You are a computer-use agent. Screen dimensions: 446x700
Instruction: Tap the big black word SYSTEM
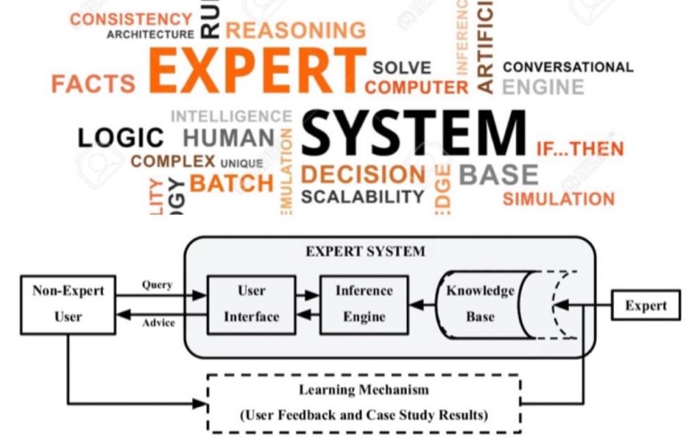414,133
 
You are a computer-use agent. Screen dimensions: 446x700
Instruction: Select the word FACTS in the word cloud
94,83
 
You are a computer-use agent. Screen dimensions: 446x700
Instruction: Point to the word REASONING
295,30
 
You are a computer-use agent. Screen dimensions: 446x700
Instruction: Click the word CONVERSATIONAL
567,67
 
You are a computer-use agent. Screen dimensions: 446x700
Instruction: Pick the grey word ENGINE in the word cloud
543,88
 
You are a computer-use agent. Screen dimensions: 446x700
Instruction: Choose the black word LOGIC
120,137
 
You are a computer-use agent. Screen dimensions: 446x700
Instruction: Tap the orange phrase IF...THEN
580,148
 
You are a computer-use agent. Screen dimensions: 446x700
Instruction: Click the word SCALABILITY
362,197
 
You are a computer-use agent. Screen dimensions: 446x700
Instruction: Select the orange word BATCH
231,183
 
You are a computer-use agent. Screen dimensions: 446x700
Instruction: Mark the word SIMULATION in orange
558,199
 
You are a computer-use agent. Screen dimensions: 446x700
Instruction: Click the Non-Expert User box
68,304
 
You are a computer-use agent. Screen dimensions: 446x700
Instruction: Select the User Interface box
251,304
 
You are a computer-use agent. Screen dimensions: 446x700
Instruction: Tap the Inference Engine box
364,304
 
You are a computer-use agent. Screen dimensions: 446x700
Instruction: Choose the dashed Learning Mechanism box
363,403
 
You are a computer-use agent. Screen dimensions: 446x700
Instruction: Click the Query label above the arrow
157,285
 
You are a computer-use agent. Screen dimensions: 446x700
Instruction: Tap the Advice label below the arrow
158,322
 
